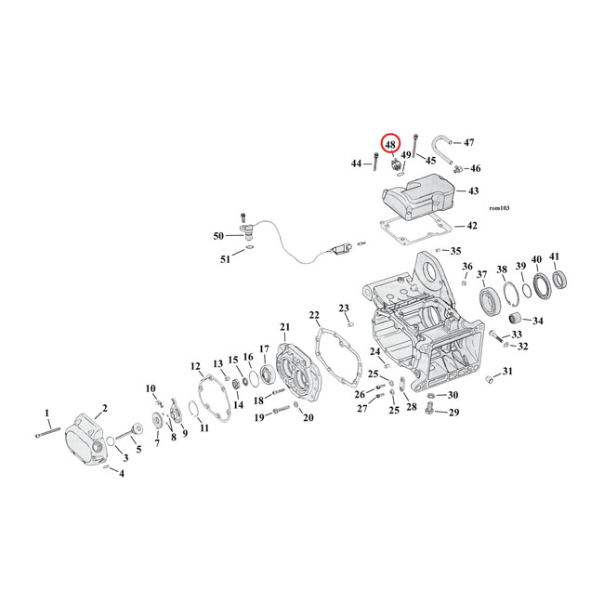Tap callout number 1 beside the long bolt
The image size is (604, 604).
47,413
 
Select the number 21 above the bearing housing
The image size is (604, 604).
285,326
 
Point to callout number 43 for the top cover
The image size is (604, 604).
473,190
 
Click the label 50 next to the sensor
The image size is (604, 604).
219,236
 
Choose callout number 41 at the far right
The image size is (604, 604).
555,257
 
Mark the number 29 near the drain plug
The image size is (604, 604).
454,412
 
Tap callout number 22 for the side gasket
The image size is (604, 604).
314,315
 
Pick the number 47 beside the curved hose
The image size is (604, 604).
468,142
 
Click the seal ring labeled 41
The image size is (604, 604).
561,279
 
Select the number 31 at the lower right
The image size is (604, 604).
507,372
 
